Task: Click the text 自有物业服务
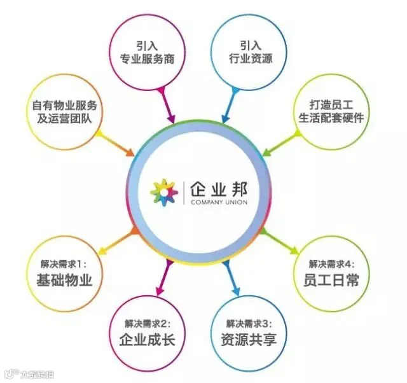click(65, 104)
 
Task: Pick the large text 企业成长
click(147, 339)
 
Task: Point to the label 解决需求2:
click(147, 323)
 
